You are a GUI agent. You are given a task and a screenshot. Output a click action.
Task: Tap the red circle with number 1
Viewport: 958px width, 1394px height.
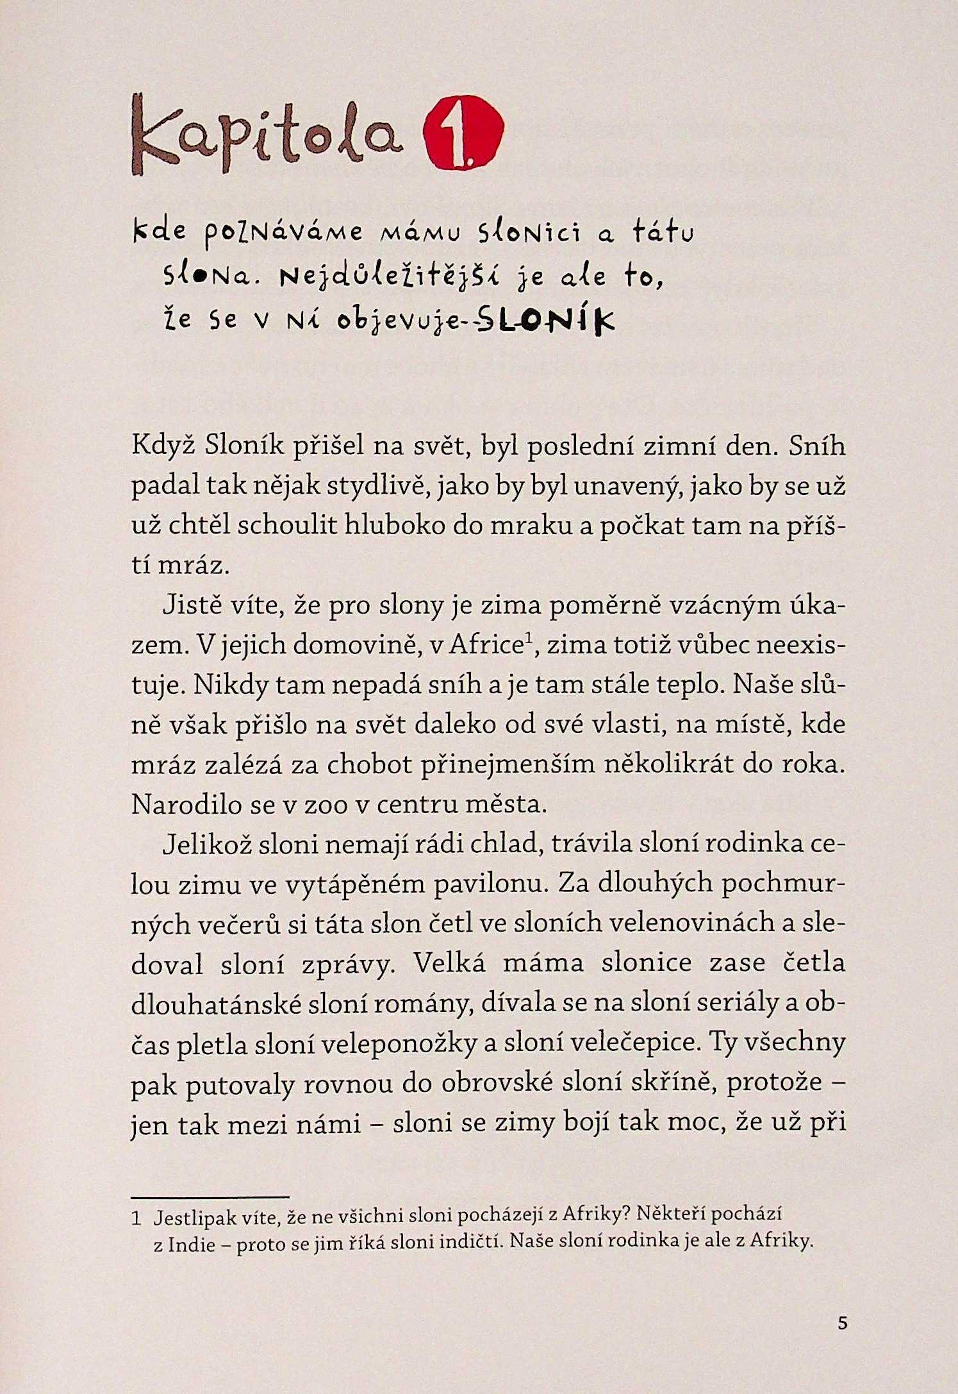tap(463, 135)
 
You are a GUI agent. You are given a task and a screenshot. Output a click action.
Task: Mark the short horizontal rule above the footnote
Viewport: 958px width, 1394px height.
tap(210, 1197)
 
